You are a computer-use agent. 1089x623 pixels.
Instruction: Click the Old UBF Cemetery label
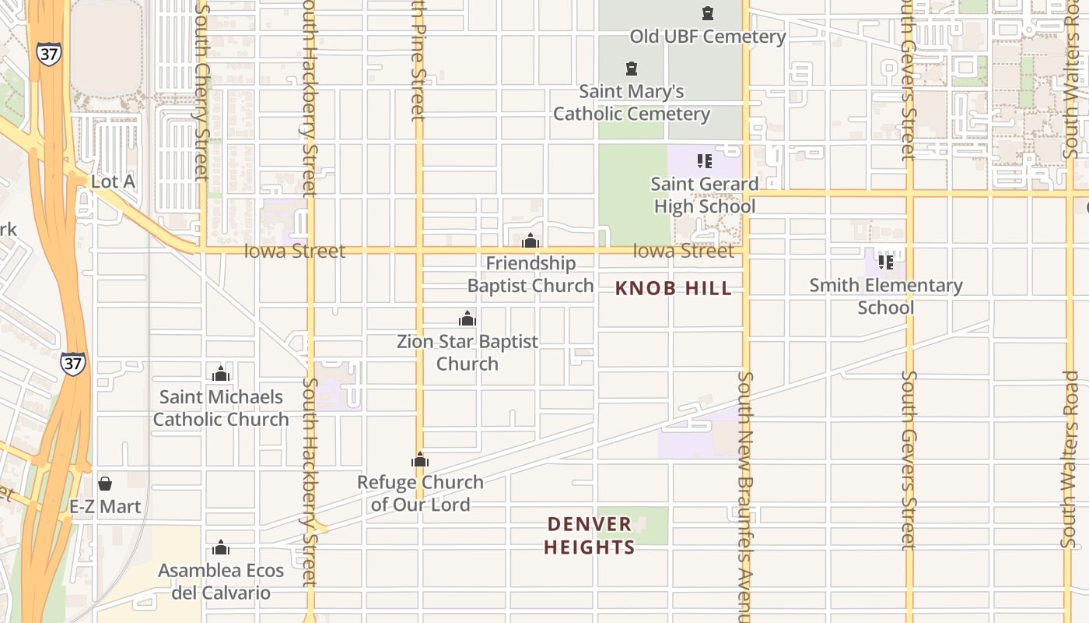click(x=707, y=37)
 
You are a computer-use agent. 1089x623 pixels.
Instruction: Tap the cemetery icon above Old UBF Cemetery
click(x=708, y=13)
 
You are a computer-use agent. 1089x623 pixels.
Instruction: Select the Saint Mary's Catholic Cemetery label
click(x=631, y=103)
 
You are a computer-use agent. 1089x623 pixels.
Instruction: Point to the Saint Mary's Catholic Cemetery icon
click(x=632, y=69)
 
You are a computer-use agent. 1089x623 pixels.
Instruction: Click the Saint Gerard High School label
click(x=705, y=195)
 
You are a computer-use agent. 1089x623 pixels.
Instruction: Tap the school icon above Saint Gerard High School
click(x=705, y=161)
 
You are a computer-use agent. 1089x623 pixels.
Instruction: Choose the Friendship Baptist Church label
click(x=530, y=275)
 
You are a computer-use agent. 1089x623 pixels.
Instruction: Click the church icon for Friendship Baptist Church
click(x=530, y=241)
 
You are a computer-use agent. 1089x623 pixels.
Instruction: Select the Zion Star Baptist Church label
click(x=467, y=353)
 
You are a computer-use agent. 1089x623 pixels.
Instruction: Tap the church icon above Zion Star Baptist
click(x=467, y=319)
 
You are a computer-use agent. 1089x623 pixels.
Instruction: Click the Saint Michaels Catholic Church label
click(x=221, y=408)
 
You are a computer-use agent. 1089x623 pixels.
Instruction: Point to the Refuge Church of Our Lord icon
click(x=420, y=459)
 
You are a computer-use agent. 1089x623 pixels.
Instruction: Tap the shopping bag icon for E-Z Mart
click(x=105, y=484)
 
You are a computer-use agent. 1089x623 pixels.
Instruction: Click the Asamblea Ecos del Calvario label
click(x=221, y=582)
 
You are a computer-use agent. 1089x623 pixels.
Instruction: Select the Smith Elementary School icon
click(x=885, y=262)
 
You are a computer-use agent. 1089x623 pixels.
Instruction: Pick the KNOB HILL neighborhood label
click(x=674, y=289)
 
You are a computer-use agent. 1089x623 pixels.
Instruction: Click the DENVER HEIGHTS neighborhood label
click(x=590, y=536)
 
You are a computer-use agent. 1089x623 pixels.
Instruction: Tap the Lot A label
click(x=113, y=182)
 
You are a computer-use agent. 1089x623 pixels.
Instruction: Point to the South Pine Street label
click(x=418, y=62)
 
